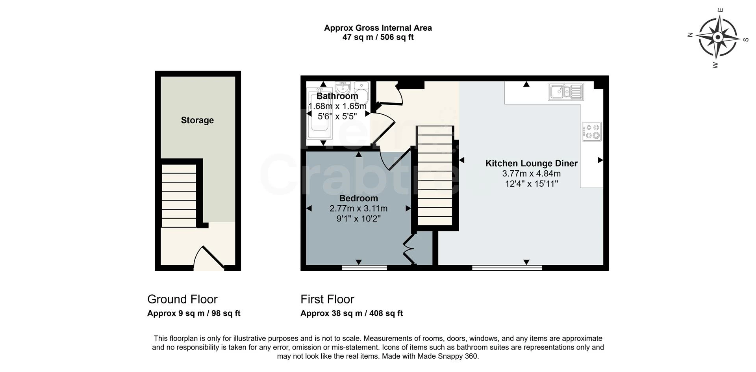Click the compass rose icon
coord(717,37)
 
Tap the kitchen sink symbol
coord(566,92)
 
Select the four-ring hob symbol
coord(592,132)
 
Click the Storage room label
coord(197,120)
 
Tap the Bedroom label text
coord(358,198)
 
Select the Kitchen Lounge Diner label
coord(531,163)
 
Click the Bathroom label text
coord(337,96)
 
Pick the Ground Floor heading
coord(182,299)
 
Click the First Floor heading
coord(327,299)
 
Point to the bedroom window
coord(365,268)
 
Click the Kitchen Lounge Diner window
coord(507,268)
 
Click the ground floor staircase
coord(179,195)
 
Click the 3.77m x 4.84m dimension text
coord(531,174)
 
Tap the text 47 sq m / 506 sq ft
coord(378,37)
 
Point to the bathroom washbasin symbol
coord(343,87)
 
